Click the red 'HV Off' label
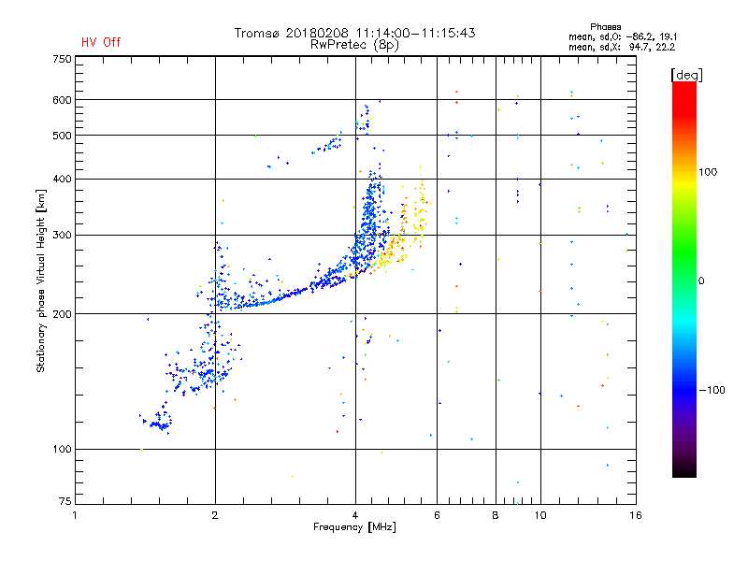tap(100, 42)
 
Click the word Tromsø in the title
tap(259, 33)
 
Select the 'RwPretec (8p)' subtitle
tap(354, 44)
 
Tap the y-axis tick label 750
tap(62, 59)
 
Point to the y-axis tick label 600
tap(62, 100)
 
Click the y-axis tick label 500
tap(62, 136)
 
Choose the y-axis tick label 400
tap(62, 179)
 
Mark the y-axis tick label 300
tap(62, 235)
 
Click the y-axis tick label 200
tap(62, 314)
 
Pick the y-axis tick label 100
tap(62, 450)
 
